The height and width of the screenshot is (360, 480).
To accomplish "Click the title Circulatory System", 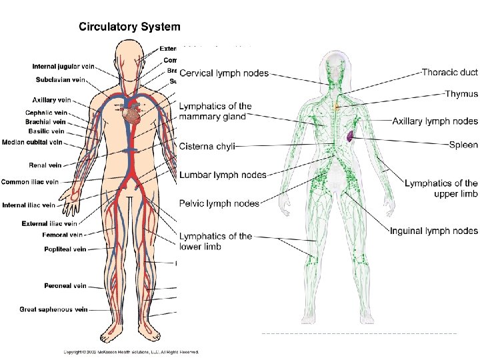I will [x=129, y=27].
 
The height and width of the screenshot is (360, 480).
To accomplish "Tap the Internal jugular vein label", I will [x=64, y=67].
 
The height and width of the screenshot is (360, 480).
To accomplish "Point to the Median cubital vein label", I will [x=32, y=142].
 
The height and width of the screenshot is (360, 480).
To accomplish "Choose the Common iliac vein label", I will [x=30, y=181].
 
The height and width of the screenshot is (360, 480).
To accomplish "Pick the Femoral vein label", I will [x=62, y=235].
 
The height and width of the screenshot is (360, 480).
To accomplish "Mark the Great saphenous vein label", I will [x=53, y=309].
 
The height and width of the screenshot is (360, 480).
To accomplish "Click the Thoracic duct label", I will [x=450, y=71].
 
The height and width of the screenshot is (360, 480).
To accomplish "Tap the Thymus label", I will [x=461, y=95].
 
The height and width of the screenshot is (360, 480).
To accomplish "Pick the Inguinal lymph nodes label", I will [x=434, y=231].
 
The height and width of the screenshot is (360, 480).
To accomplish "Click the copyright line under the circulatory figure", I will [x=132, y=351].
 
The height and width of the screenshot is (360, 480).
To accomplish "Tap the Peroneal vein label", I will [x=65, y=286].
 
